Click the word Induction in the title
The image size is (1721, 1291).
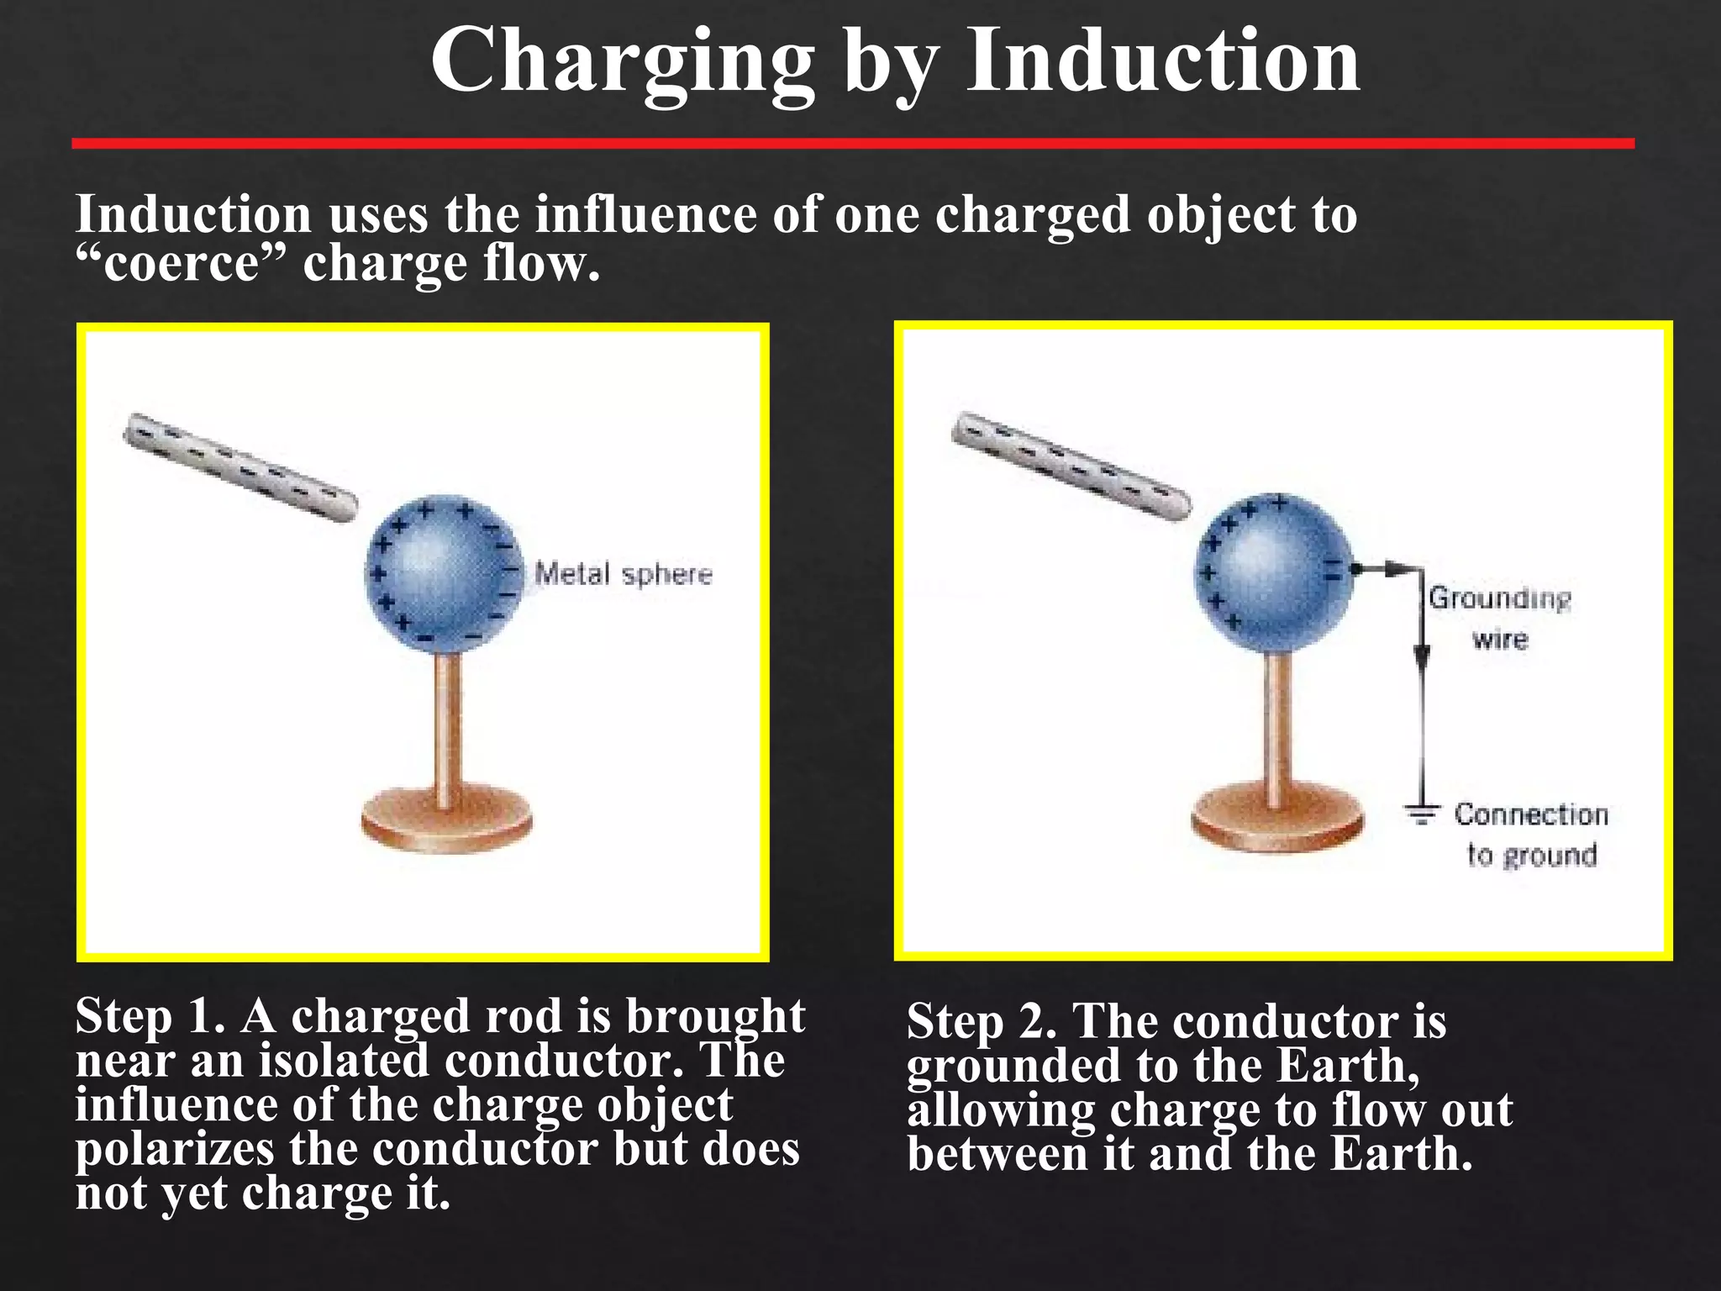(1163, 61)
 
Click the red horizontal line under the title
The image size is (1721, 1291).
(853, 144)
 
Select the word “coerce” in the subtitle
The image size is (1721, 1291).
(181, 264)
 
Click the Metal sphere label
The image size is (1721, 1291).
(624, 575)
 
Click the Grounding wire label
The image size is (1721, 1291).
(1500, 619)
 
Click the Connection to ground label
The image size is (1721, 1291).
(1531, 835)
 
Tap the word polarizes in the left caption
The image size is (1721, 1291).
(174, 1149)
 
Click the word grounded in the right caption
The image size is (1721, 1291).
(1013, 1066)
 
